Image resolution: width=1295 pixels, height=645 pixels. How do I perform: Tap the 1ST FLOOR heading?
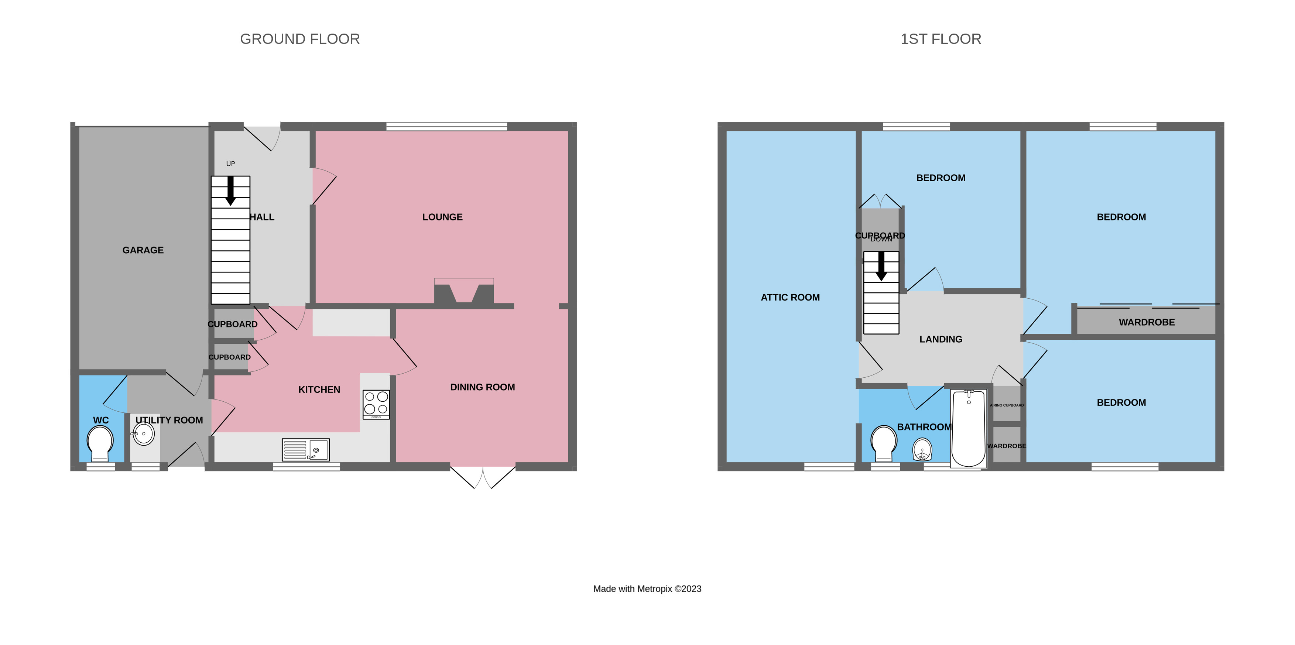coord(940,39)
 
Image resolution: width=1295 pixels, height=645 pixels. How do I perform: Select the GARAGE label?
coord(143,250)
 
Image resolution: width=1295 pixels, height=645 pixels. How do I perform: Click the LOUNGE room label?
coord(442,217)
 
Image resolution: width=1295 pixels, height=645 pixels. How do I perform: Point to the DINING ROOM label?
coord(482,387)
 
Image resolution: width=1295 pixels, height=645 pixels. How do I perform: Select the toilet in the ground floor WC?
coord(100,442)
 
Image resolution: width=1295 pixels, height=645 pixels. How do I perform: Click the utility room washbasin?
coord(143,433)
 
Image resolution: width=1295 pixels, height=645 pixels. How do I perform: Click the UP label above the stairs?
coord(230,164)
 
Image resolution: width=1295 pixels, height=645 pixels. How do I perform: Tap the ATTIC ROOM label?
coord(790,298)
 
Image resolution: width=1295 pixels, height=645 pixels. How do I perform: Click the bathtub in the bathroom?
coord(968,428)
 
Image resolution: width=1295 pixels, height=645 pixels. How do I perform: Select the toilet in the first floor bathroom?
coord(883,442)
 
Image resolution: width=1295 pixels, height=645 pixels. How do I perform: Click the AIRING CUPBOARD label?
coord(1007,405)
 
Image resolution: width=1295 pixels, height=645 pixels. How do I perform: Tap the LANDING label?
coord(941,339)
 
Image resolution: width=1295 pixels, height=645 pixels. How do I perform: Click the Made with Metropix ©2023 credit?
coord(647,589)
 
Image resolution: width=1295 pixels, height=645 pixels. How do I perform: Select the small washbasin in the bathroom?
coord(922,449)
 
